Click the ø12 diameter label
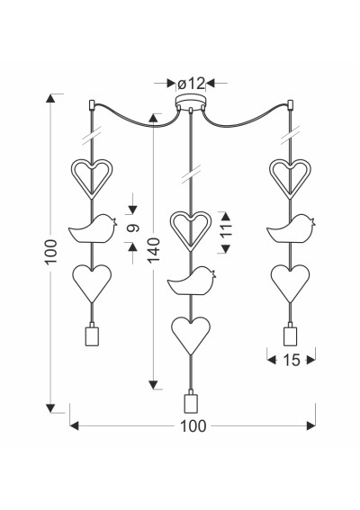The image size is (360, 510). (192, 84)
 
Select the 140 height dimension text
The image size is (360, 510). (153, 250)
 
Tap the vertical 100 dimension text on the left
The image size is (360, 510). (51, 252)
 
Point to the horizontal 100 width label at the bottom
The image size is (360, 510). (193, 426)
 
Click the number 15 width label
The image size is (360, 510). (292, 360)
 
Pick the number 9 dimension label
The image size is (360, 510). (133, 228)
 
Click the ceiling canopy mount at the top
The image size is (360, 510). (191, 103)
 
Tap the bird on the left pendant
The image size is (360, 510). (93, 228)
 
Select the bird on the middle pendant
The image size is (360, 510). (192, 281)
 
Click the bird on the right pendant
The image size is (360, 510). (291, 228)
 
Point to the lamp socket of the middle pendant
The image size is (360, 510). (191, 401)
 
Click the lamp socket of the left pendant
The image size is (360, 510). (92, 334)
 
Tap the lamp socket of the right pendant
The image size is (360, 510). (291, 334)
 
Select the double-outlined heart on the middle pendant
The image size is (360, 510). (191, 231)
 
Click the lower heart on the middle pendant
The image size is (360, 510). (191, 336)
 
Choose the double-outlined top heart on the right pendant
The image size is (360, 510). (290, 178)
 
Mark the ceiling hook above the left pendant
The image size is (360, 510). (92, 104)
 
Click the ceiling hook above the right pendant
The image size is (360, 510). (291, 104)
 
